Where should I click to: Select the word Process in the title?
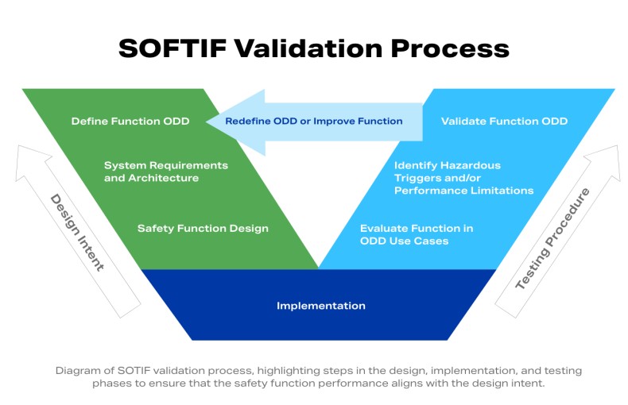(450, 48)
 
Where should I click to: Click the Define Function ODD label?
(130, 121)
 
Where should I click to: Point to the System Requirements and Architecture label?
(165, 172)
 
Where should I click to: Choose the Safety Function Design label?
(203, 229)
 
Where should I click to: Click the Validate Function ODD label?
(504, 121)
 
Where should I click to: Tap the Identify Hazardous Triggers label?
(463, 178)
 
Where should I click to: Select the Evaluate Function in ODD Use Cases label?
(417, 234)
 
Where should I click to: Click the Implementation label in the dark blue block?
(321, 306)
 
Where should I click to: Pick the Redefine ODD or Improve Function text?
(313, 121)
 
